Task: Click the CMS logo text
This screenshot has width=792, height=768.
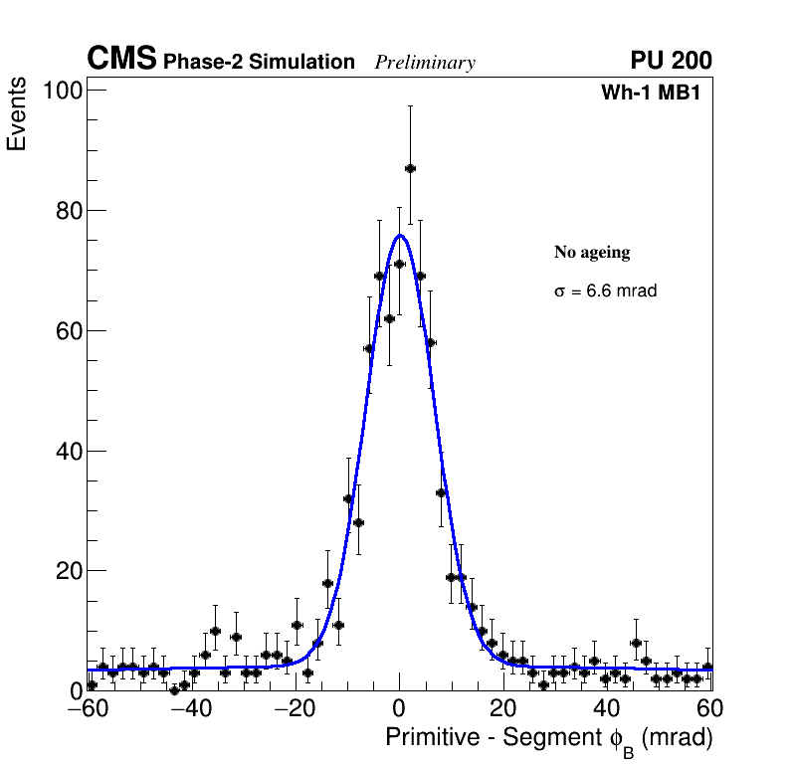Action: (121, 60)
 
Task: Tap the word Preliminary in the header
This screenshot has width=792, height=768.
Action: (425, 63)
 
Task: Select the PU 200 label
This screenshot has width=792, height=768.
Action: (671, 61)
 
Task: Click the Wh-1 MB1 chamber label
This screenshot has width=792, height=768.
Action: (656, 93)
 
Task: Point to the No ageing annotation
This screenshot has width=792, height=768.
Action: (592, 253)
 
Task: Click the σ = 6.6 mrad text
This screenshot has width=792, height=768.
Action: (605, 291)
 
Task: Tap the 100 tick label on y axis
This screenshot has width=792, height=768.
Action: (61, 91)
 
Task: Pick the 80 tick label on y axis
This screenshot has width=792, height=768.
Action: (67, 211)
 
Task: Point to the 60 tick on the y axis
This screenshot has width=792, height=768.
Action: (67, 331)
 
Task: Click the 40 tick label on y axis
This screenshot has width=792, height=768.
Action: (67, 452)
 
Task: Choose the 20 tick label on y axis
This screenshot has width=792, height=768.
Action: (67, 571)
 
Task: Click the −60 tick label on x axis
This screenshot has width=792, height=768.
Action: (88, 708)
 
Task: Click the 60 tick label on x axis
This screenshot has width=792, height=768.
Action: (708, 708)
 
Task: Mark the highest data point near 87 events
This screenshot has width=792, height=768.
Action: (410, 168)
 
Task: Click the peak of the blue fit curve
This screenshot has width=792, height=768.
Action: (400, 236)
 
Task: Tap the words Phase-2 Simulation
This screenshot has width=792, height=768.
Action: (259, 63)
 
